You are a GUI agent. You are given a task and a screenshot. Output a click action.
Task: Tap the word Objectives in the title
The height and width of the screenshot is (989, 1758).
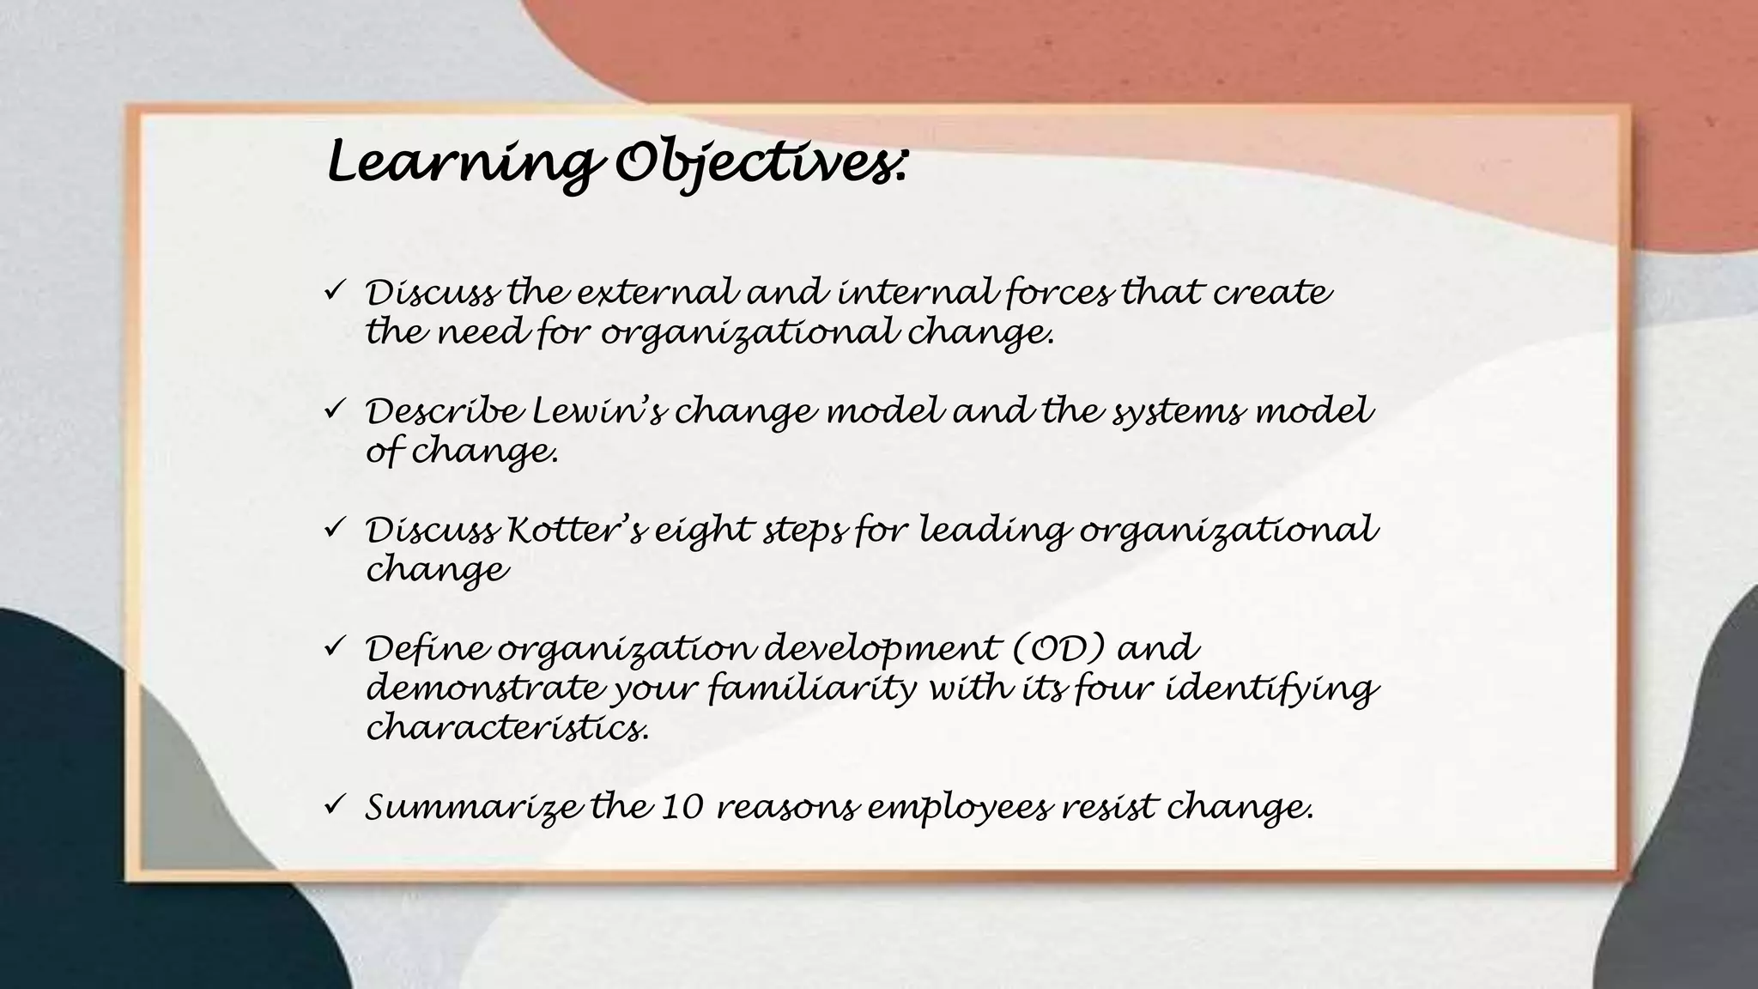(760, 162)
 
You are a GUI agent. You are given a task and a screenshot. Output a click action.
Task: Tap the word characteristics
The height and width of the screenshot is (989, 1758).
(506, 729)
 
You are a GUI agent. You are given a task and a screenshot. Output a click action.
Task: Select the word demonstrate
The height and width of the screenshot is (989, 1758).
(485, 689)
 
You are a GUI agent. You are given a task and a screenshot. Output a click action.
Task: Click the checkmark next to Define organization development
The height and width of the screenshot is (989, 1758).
(334, 645)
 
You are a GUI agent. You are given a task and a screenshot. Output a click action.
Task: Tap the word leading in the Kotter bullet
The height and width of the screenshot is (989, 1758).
(995, 531)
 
